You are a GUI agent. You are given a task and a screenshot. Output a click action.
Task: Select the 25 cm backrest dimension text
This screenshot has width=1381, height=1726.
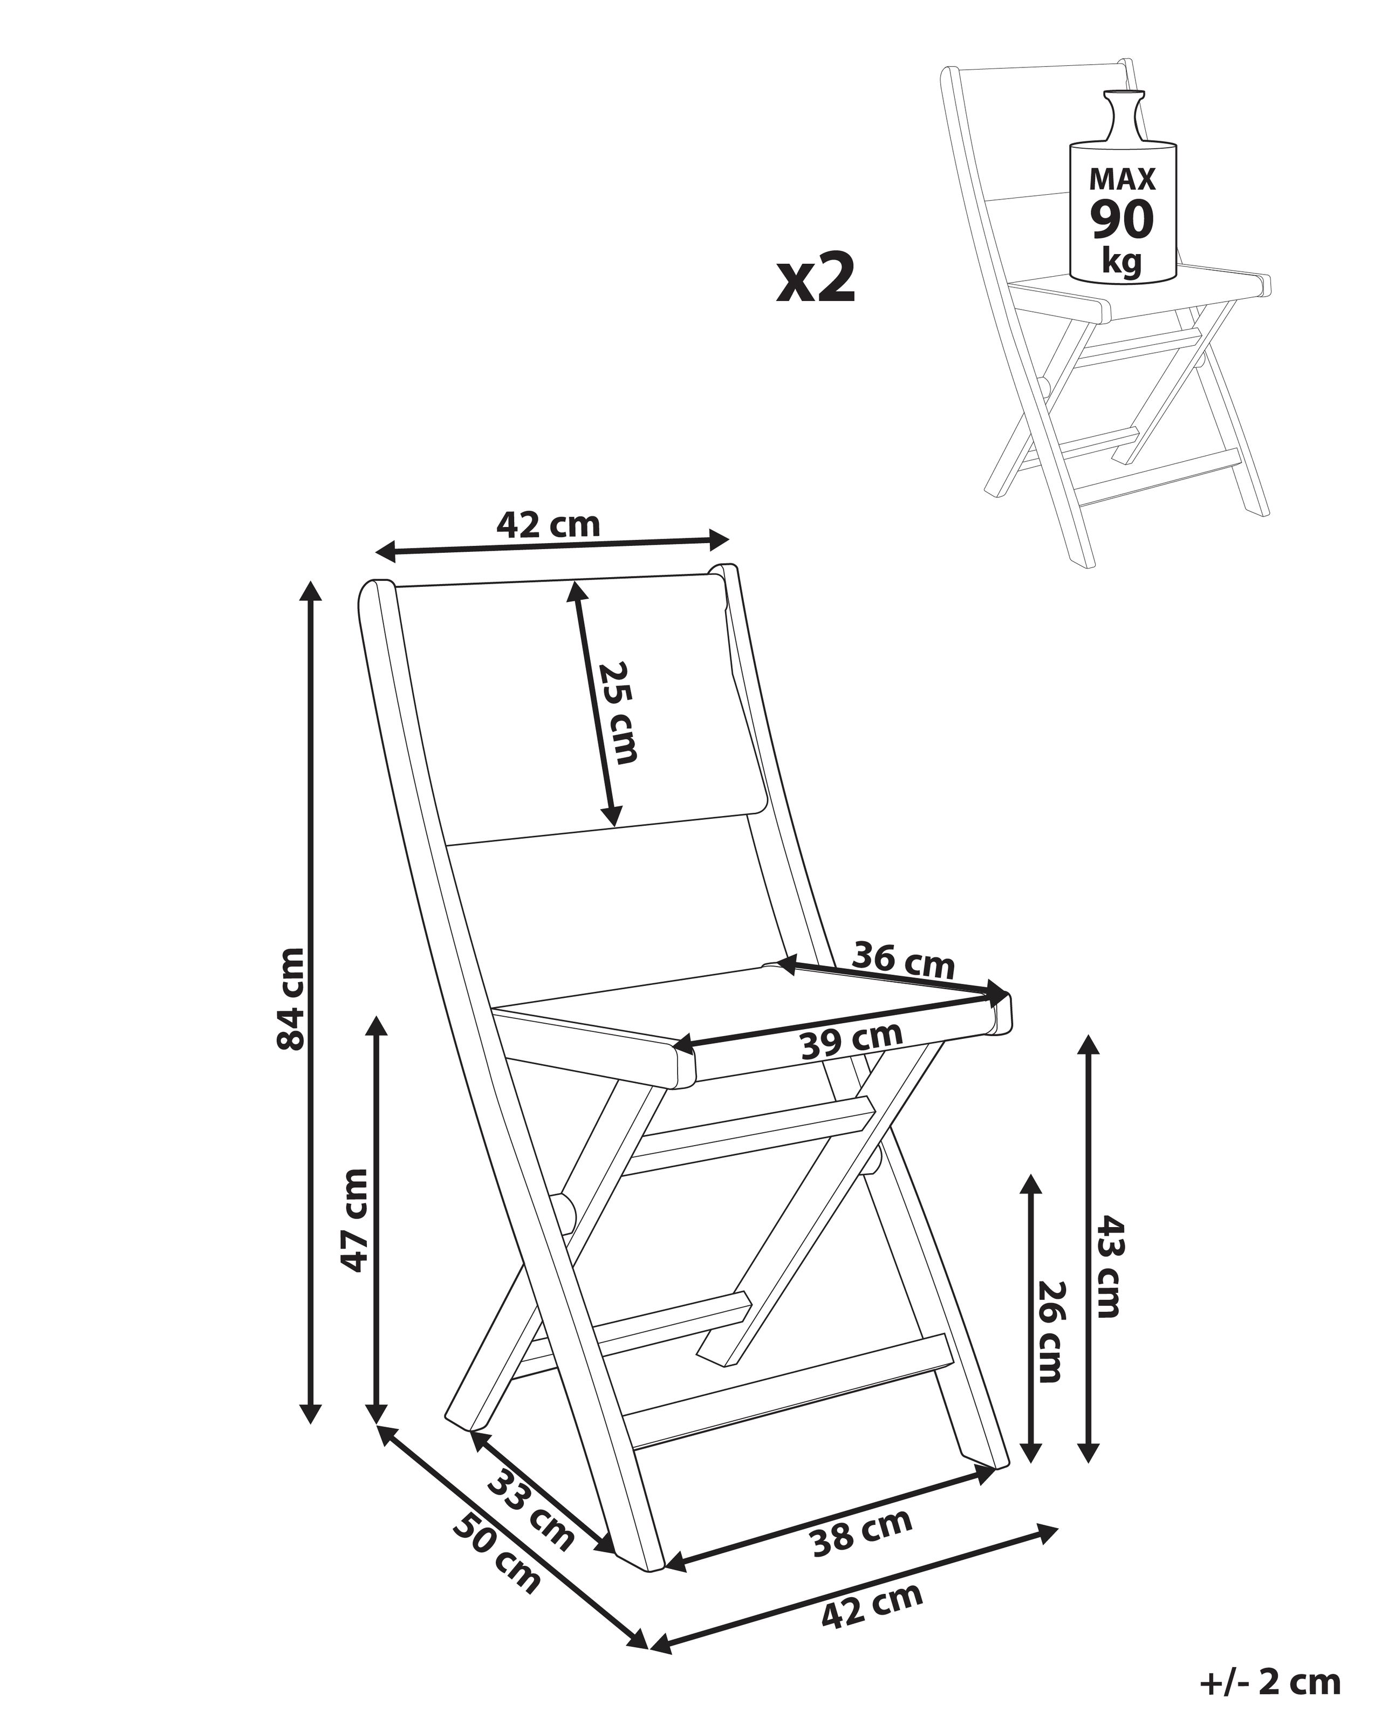pyautogui.click(x=619, y=711)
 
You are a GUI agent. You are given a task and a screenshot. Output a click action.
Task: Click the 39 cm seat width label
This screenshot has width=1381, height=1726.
pyautogui.click(x=851, y=1040)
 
